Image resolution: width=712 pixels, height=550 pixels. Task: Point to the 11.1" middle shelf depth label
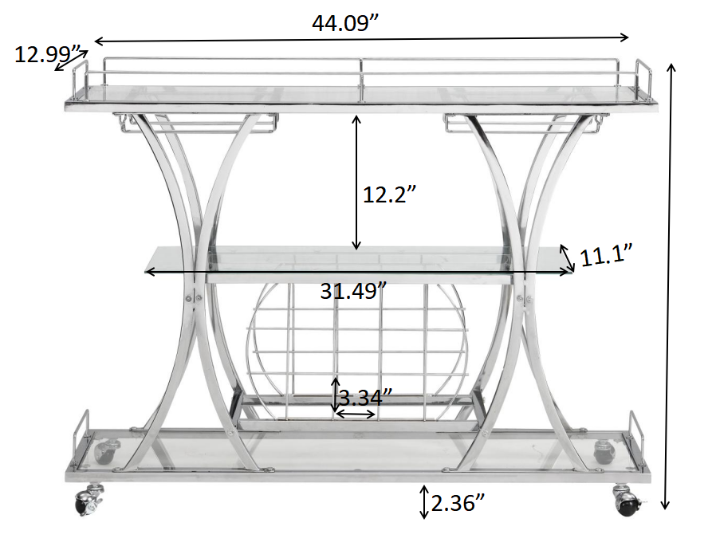[x=606, y=257]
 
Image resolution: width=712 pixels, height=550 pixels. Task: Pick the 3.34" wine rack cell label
[x=365, y=396]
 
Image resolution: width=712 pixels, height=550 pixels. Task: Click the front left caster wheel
[x=85, y=501]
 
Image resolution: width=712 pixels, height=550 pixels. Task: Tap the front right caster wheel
[x=627, y=501]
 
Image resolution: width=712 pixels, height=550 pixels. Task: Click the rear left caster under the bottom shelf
[x=105, y=451]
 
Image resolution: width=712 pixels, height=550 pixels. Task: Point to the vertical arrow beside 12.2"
[x=356, y=181]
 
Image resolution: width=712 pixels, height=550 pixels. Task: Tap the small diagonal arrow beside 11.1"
[x=565, y=256]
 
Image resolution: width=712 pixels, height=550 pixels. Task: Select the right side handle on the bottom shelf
[x=636, y=430]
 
